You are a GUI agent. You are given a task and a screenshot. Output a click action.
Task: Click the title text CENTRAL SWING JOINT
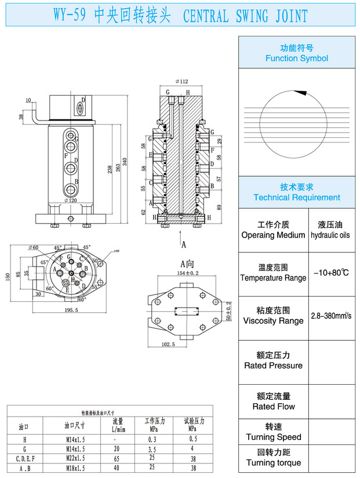(x=245, y=16)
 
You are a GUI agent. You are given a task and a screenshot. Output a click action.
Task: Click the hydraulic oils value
(x=330, y=235)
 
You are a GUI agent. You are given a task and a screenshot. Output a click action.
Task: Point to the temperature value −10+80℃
(x=330, y=272)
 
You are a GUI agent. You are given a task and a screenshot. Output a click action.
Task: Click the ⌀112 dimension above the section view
(x=181, y=82)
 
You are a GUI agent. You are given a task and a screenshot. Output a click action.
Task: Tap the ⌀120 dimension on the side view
(x=70, y=200)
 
